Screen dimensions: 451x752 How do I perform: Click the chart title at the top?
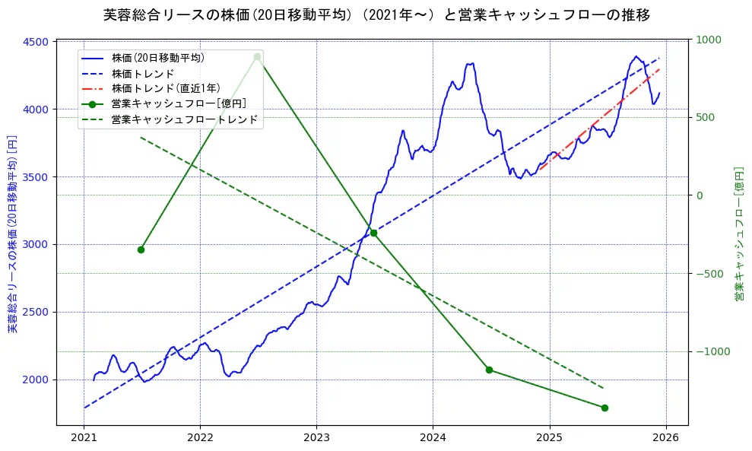click(376, 14)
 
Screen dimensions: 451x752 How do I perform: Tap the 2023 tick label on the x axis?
click(316, 438)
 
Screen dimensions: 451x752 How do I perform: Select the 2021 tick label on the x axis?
click(84, 438)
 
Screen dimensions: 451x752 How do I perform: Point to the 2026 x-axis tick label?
click(666, 438)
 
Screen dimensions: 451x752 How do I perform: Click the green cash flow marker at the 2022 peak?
click(257, 56)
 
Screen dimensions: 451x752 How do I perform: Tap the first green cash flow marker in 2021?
click(141, 249)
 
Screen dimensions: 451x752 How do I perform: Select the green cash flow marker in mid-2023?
click(373, 233)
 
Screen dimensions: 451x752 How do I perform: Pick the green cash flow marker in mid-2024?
click(489, 370)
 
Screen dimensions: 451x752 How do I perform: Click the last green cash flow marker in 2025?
click(604, 408)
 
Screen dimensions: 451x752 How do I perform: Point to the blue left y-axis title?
click(12, 233)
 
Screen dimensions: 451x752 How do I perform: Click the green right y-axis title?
click(738, 234)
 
